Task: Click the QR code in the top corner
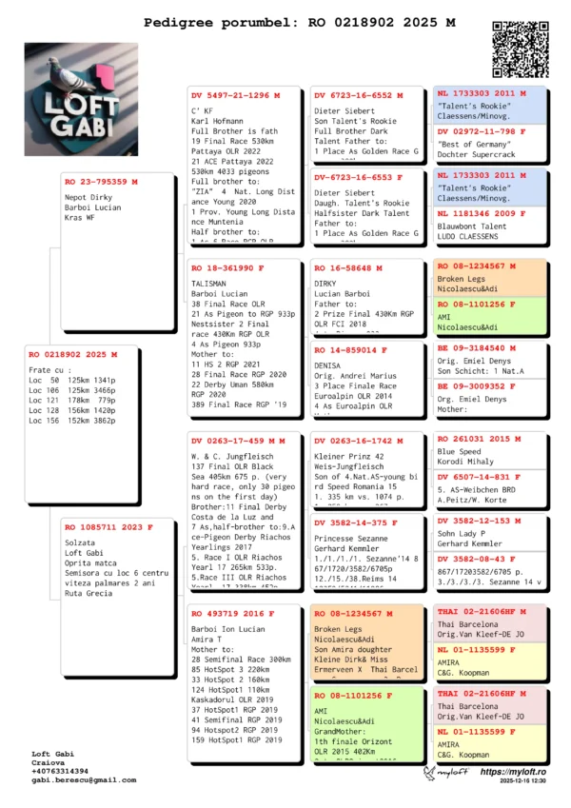[x=520, y=48]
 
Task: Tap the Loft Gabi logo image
[x=81, y=87]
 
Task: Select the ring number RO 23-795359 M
[x=101, y=181]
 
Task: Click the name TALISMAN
[x=211, y=284]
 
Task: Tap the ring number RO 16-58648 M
[x=349, y=269]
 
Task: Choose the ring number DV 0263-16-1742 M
[x=358, y=442]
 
